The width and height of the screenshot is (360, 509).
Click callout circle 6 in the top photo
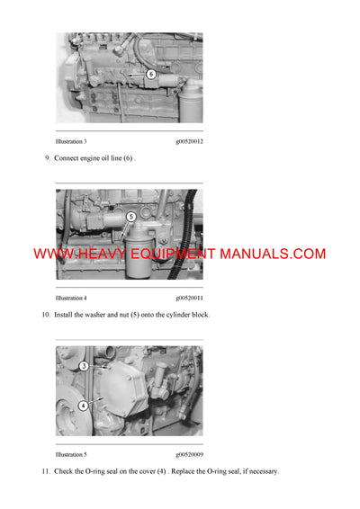(150, 74)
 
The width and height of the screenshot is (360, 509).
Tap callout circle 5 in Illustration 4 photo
(131, 217)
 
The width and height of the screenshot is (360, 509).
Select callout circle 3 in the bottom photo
(84, 366)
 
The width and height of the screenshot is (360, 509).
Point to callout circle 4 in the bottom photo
(83, 406)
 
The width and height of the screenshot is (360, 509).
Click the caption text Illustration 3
(71, 142)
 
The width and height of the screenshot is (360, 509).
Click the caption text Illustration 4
(71, 298)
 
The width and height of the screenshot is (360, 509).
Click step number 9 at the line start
(47, 159)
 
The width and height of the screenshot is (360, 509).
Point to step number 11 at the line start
(46, 471)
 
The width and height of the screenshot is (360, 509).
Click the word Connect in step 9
(67, 159)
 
